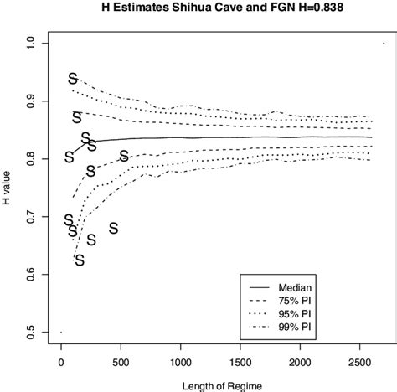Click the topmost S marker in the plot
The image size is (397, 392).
pos(73,79)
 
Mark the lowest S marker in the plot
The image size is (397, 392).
pos(80,260)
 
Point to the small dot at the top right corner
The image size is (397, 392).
pos(383,43)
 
